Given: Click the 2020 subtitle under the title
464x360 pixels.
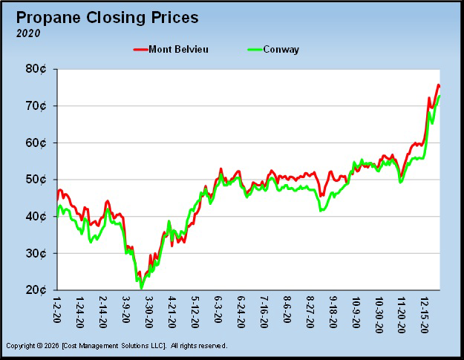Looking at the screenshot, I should [x=28, y=33].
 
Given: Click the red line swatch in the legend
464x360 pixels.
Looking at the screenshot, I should [x=142, y=50].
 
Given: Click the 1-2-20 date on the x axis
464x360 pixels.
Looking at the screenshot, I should [x=58, y=310].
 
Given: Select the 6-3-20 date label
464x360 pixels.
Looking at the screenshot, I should [x=218, y=311].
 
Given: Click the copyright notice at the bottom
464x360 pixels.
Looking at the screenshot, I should [x=116, y=346].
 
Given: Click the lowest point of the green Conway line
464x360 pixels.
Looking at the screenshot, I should [x=140, y=288].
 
